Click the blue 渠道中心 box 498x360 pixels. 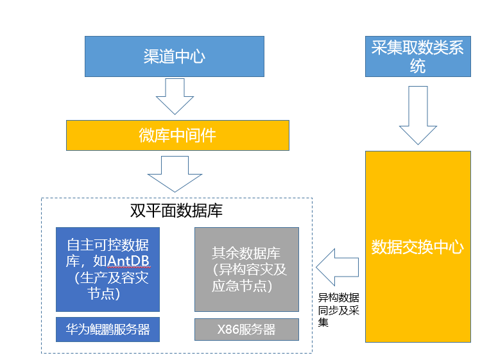(x=174, y=56)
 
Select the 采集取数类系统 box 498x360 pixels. (x=418, y=56)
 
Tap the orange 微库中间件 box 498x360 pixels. (x=177, y=135)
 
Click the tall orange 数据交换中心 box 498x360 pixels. (x=418, y=247)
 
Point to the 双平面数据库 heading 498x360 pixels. (x=176, y=210)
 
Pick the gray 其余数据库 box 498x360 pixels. (x=246, y=270)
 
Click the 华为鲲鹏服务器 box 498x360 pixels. (x=107, y=330)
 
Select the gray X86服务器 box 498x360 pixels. (x=246, y=330)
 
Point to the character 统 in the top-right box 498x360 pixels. (x=418, y=66)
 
